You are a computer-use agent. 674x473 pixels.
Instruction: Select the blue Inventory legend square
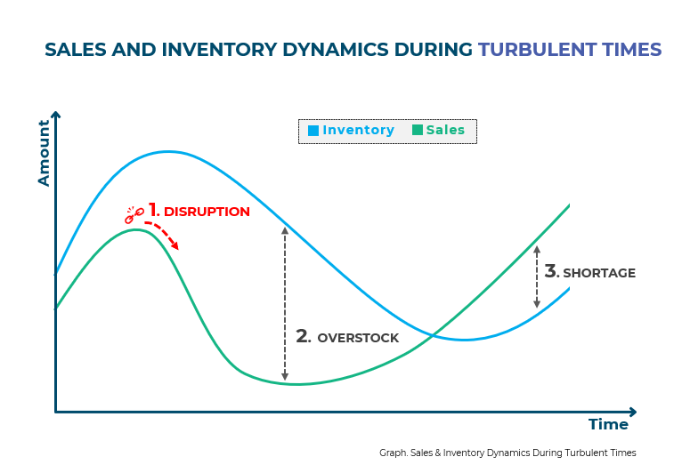[313, 131]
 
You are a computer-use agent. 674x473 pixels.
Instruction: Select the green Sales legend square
[418, 131]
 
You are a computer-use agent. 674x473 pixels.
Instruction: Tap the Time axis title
[608, 425]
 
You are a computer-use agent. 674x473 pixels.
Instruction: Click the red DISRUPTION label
[207, 212]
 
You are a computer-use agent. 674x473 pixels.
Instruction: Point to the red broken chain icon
[134, 213]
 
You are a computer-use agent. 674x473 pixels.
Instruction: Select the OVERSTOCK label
[358, 338]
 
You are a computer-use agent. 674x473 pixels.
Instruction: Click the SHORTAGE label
[599, 273]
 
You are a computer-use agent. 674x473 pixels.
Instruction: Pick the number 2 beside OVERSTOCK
[303, 336]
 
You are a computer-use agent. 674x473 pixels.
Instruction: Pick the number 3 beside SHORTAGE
[551, 270]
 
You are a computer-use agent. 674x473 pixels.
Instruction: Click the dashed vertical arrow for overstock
[285, 302]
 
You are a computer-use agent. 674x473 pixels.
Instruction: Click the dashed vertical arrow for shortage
[537, 277]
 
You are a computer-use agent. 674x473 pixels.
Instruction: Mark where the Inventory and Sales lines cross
[432, 334]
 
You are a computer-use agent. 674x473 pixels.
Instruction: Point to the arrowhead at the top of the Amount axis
[55, 116]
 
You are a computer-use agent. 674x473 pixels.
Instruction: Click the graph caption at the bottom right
[508, 453]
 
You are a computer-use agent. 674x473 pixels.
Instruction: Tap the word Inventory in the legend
[358, 131]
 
